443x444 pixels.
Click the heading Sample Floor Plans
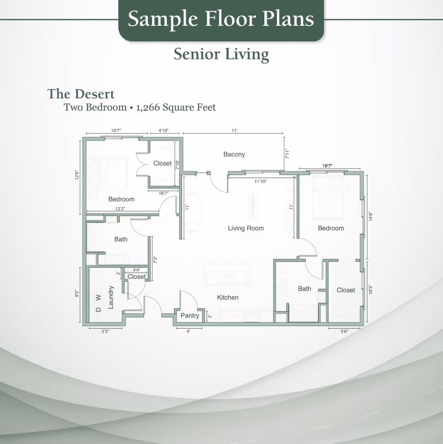221,19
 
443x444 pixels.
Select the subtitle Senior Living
221,55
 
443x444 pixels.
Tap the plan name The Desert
81,94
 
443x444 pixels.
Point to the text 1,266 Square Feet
176,108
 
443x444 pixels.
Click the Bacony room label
234,154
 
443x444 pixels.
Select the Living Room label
245,228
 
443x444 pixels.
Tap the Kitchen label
227,298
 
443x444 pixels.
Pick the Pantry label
190,316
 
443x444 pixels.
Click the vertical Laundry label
111,297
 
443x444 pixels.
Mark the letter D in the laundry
98,310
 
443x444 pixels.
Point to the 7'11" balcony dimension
287,154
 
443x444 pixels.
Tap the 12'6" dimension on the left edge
77,176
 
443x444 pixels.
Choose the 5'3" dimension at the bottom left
105,331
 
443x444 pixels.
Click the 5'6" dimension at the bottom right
344,331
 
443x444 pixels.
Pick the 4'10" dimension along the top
163,131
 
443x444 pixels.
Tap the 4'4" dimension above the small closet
137,270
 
